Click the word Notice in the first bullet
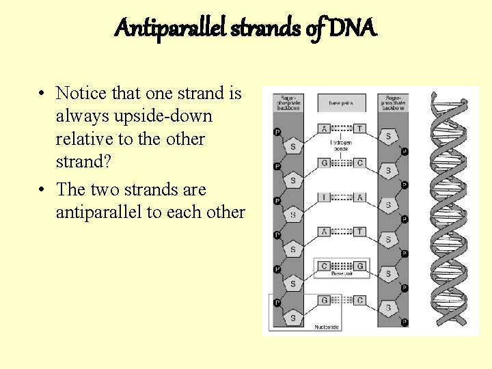(x=84, y=93)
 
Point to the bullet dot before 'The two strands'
(x=42, y=189)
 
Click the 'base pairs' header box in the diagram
(x=342, y=103)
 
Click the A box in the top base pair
(x=325, y=128)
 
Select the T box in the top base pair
(x=359, y=128)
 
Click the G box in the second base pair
(x=325, y=163)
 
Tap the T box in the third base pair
(x=325, y=197)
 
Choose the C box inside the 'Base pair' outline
(x=325, y=266)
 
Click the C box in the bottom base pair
(x=359, y=300)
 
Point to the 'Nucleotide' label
(x=327, y=327)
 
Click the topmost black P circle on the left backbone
(x=277, y=131)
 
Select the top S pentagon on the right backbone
(x=388, y=137)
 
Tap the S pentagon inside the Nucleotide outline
(x=293, y=318)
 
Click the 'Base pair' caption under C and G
(x=342, y=274)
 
